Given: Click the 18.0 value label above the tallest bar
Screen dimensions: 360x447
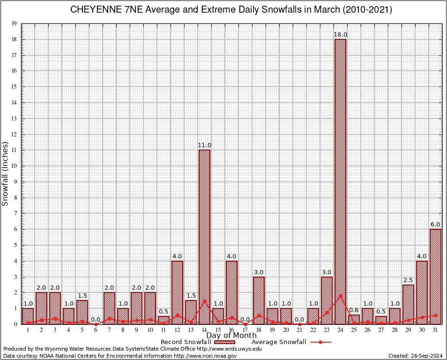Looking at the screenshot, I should [340, 35].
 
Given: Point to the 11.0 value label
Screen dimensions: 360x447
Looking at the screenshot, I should [204, 145].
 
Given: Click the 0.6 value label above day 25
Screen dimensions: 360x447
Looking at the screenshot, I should [354, 310].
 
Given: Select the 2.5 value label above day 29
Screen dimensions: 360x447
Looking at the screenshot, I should [408, 280].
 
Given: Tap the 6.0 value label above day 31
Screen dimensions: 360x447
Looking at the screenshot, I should [435, 225].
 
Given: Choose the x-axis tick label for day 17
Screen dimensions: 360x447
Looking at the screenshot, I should [245, 330].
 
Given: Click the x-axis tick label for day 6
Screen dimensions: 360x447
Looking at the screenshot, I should [96, 330].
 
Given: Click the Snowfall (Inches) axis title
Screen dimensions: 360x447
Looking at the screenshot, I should [6, 173].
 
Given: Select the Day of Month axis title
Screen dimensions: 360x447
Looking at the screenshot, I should [231, 335].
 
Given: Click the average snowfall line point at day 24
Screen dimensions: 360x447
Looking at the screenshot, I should [340, 295].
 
